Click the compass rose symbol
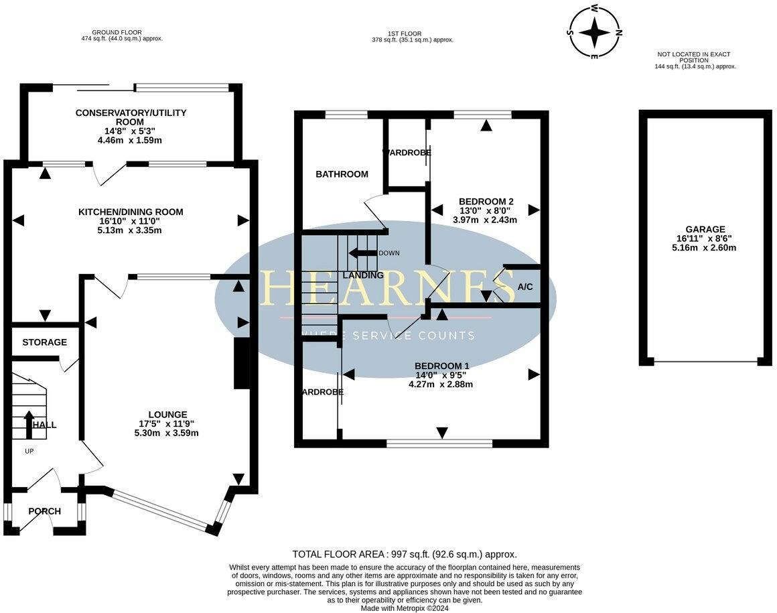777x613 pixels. pos(594,32)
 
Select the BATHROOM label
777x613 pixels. pos(342,174)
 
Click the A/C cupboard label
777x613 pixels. pos(525,287)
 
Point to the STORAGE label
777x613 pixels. pos(44,342)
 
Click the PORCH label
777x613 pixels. pos(44,511)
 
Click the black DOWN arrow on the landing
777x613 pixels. pos(362,253)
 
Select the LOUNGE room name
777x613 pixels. pos(168,415)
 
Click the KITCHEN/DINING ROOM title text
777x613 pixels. pos(131,212)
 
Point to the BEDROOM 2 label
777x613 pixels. pos(486,201)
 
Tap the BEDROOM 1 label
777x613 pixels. pos(441,366)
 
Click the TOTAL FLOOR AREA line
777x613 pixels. pos(405,554)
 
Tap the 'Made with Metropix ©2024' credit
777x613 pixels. pos(405,608)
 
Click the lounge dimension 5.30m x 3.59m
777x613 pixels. pos(166,433)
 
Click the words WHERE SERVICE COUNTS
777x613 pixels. pos(388,336)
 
